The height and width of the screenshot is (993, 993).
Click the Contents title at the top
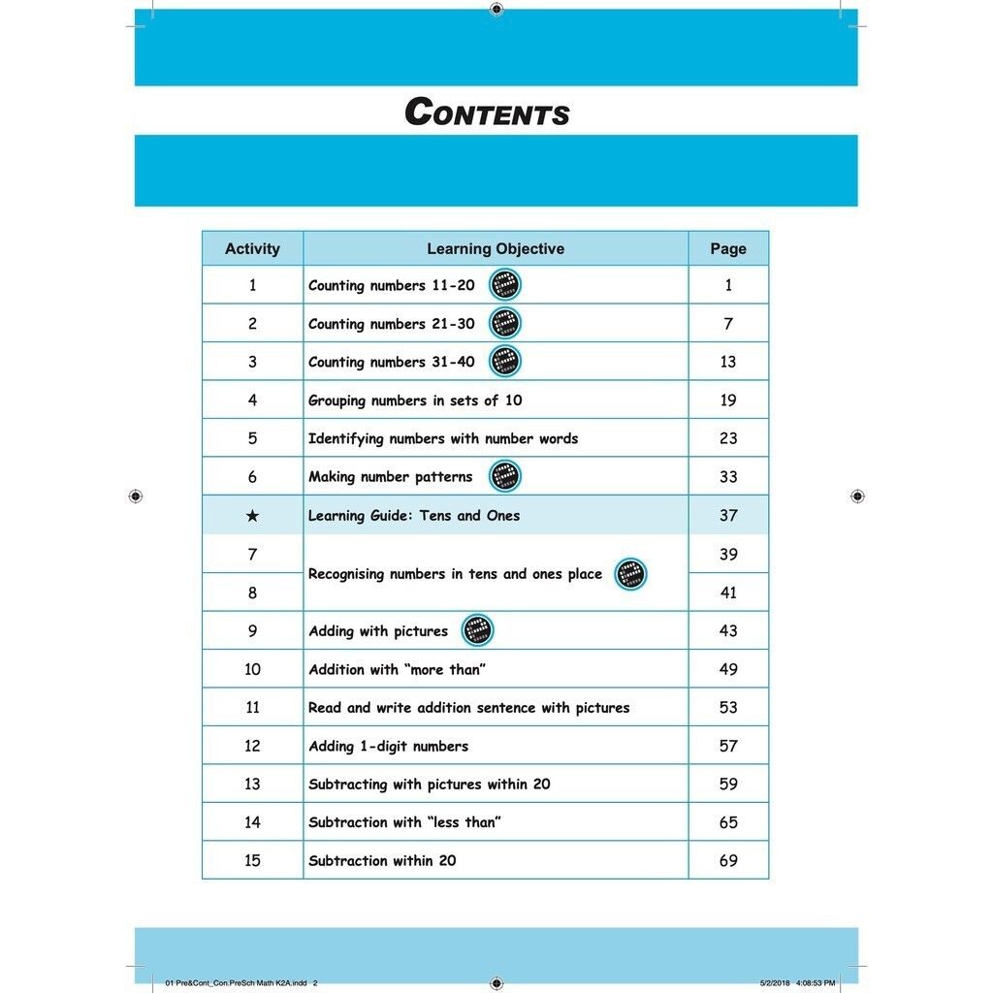(x=487, y=112)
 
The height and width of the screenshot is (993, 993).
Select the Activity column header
(x=252, y=248)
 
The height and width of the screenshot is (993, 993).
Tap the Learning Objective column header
(x=496, y=248)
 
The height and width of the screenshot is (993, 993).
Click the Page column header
(x=728, y=248)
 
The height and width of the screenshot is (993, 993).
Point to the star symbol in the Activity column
(x=252, y=516)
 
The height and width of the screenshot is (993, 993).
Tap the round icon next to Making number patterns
(x=504, y=476)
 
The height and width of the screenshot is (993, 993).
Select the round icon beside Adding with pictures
(x=477, y=630)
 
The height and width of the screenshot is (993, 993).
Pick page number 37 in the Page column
(x=728, y=516)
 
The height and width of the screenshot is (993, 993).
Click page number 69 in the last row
(x=728, y=860)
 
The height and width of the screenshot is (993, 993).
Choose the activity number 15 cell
(x=252, y=860)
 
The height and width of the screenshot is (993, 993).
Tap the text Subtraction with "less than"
(x=404, y=822)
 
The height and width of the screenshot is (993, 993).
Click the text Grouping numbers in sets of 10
(x=415, y=400)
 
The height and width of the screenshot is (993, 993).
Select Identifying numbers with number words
(x=443, y=438)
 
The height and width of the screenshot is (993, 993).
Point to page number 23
(x=728, y=438)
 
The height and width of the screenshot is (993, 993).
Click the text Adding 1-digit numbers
(x=388, y=746)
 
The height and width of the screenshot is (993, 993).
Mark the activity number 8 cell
(x=252, y=593)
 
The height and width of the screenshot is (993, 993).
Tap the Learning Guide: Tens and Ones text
(x=414, y=516)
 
